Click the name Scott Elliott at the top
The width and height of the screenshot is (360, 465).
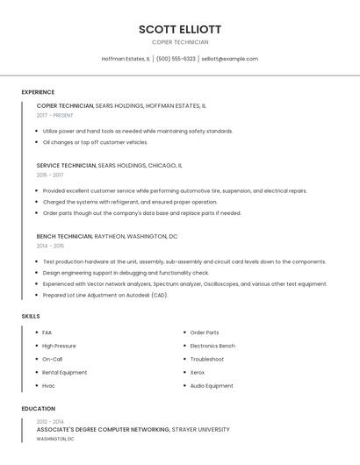pos(180,29)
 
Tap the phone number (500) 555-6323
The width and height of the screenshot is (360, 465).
pos(176,59)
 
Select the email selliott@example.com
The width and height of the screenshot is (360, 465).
pos(229,59)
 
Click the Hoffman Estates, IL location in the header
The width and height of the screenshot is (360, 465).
pos(126,59)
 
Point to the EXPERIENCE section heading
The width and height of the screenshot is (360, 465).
pos(38,92)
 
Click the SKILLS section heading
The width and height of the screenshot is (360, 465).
pos(31,316)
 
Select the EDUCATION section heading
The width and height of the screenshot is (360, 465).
pos(38,409)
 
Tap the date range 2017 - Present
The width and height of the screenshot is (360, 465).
pos(54,115)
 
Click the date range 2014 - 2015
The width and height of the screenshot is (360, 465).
pos(50,246)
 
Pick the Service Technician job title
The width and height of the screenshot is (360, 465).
pos(66,165)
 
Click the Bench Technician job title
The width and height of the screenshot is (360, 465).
pos(64,236)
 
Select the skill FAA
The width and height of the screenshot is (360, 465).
pos(47,333)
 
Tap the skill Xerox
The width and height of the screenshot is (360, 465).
pos(198,372)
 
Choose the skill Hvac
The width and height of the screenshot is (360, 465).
pos(48,386)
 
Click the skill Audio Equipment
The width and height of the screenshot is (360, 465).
pos(212,386)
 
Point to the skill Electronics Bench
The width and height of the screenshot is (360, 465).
pos(212,346)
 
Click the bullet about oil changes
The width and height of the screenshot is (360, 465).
pos(95,142)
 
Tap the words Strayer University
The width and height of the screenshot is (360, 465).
pos(201,430)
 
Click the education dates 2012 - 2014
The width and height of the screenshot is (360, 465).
pos(50,422)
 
